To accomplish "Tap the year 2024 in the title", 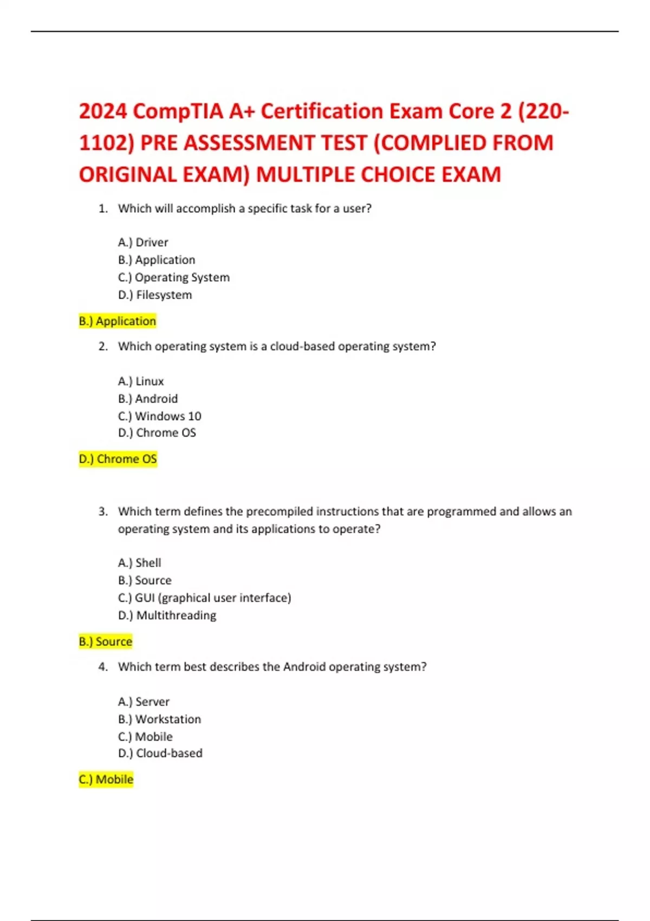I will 103,111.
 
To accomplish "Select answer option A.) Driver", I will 143,242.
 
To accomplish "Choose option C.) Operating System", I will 174,277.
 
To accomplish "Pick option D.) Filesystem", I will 155,295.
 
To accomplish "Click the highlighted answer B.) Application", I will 118,321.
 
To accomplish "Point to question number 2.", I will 103,346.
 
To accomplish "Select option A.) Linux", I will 141,381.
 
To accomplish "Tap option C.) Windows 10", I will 160,416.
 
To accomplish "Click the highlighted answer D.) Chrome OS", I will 118,459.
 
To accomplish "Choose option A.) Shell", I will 140,563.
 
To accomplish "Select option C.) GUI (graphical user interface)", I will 205,598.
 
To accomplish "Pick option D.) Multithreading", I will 167,615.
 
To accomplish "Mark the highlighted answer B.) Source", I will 106,641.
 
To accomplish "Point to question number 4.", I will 103,667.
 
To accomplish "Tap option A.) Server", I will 144,702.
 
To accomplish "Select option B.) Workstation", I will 160,719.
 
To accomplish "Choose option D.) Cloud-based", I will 160,753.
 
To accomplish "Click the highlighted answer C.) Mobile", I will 106,780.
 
